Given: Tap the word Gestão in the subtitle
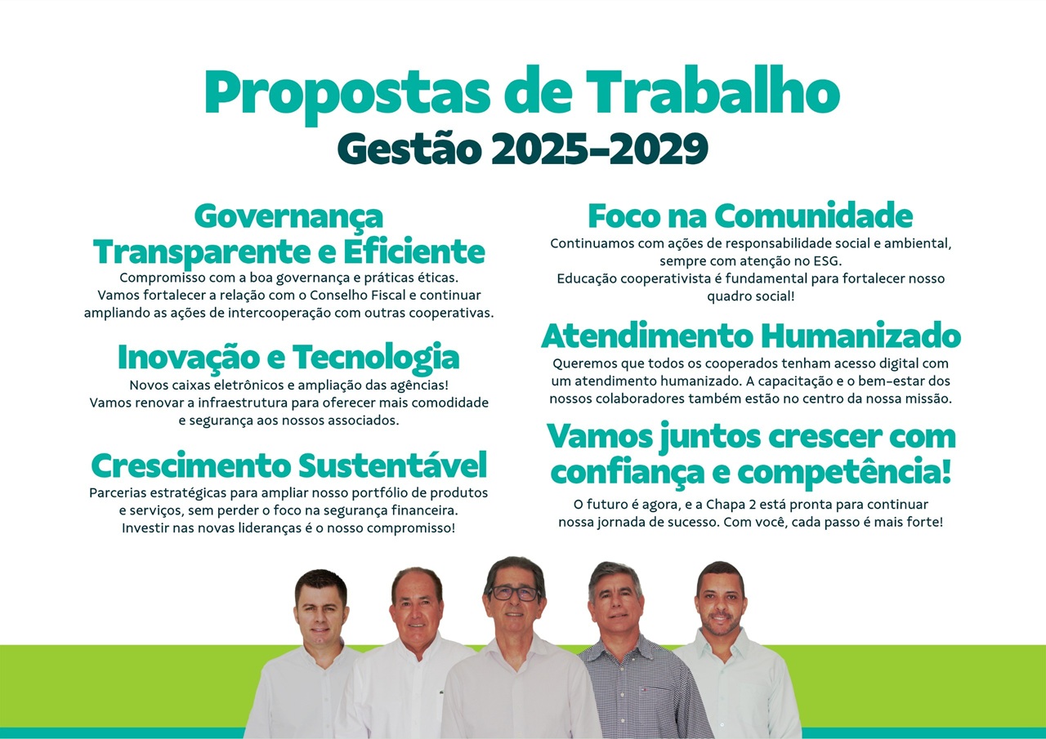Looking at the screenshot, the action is [409, 149].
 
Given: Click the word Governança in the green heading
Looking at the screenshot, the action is [288, 217].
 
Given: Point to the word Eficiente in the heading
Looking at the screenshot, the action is [414, 252].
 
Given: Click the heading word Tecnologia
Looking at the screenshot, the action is [376, 358].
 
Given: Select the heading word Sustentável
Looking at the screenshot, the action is [393, 465].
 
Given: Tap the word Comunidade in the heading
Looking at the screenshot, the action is [813, 216].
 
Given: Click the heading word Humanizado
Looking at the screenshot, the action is [861, 336].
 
